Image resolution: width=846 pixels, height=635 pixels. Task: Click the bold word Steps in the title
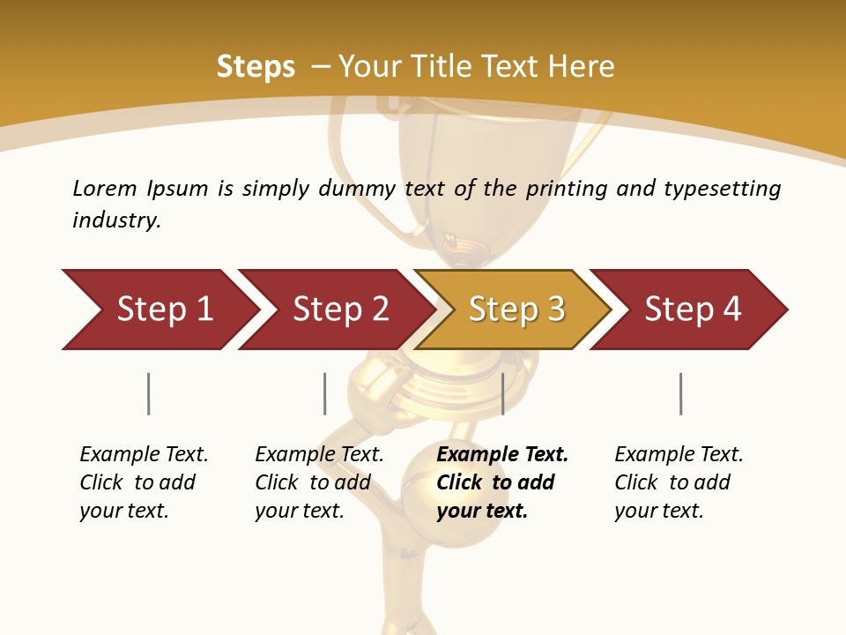[256, 67]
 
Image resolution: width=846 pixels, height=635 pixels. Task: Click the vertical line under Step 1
[148, 393]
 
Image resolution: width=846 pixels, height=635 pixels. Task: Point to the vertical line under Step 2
[324, 393]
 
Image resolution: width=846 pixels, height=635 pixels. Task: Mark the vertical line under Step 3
[502, 393]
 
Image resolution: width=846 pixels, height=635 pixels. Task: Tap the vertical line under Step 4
[680, 393]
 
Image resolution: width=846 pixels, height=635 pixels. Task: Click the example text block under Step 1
[144, 482]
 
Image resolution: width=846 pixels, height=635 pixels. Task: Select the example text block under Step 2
[319, 482]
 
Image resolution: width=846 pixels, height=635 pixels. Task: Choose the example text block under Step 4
[679, 482]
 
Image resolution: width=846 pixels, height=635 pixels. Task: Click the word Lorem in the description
[105, 188]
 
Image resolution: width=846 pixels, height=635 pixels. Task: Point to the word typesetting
[722, 189]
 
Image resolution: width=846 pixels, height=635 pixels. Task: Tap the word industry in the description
[116, 220]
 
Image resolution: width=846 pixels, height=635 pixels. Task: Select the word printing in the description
[568, 189]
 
